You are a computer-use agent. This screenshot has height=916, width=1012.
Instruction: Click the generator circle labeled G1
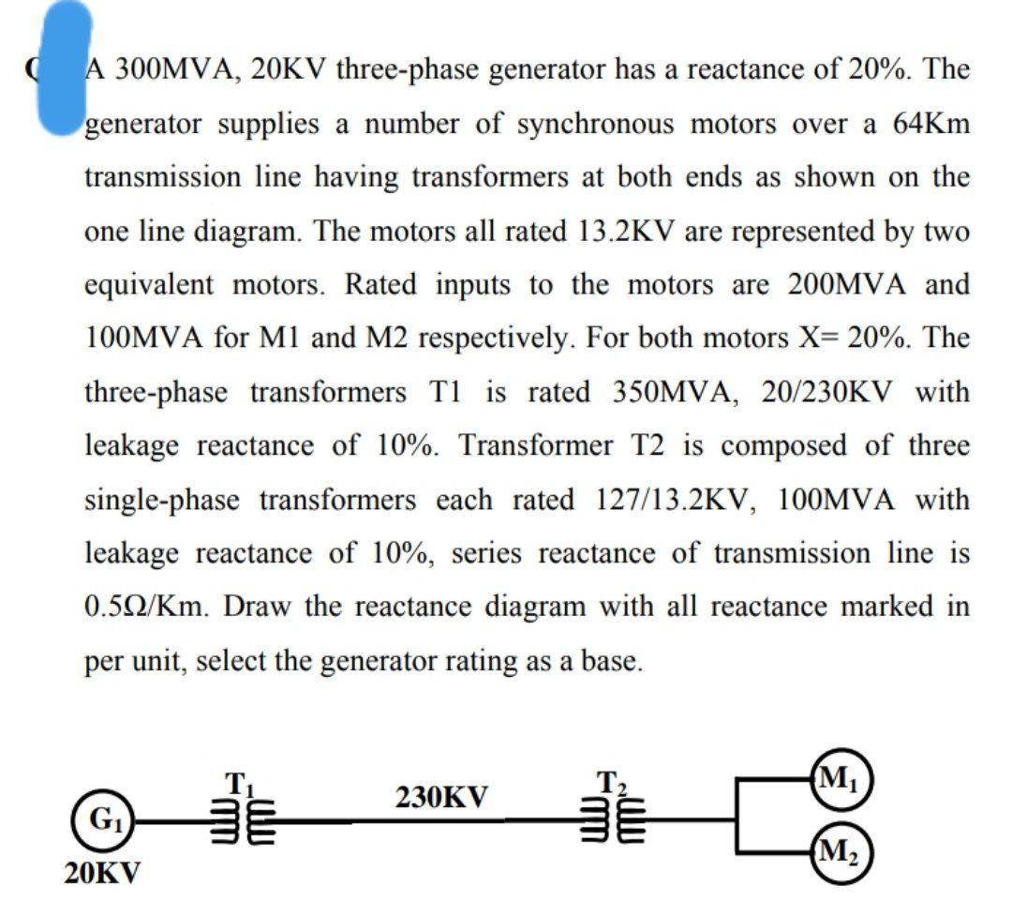click(98, 823)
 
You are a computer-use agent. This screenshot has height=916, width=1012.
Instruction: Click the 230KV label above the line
click(441, 798)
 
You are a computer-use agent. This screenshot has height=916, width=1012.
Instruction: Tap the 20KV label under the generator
click(103, 874)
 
